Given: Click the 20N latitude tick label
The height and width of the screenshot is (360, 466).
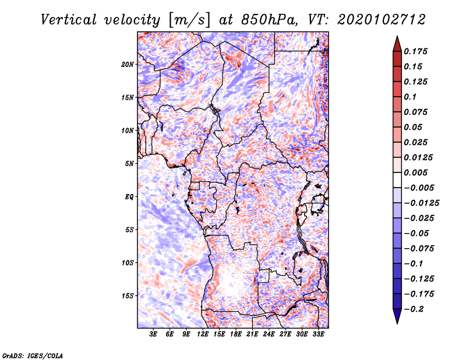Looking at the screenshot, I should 128,64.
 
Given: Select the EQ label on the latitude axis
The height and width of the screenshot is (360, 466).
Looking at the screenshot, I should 129,197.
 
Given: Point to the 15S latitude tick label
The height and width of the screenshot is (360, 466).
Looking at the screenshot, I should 128,296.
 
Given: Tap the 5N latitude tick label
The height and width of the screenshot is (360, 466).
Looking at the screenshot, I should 129,164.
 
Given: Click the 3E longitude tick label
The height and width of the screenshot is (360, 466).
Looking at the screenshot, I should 154,335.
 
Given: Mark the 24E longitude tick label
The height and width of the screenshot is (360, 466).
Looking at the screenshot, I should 269,335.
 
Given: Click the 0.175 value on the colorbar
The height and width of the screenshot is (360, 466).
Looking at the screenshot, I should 417,51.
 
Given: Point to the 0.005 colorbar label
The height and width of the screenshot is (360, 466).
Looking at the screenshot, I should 417,172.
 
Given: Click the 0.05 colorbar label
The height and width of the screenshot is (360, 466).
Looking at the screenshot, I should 414,127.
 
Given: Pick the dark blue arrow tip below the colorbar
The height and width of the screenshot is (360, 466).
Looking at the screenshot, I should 397,318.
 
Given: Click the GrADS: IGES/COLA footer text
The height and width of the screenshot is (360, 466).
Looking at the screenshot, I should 33,355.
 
